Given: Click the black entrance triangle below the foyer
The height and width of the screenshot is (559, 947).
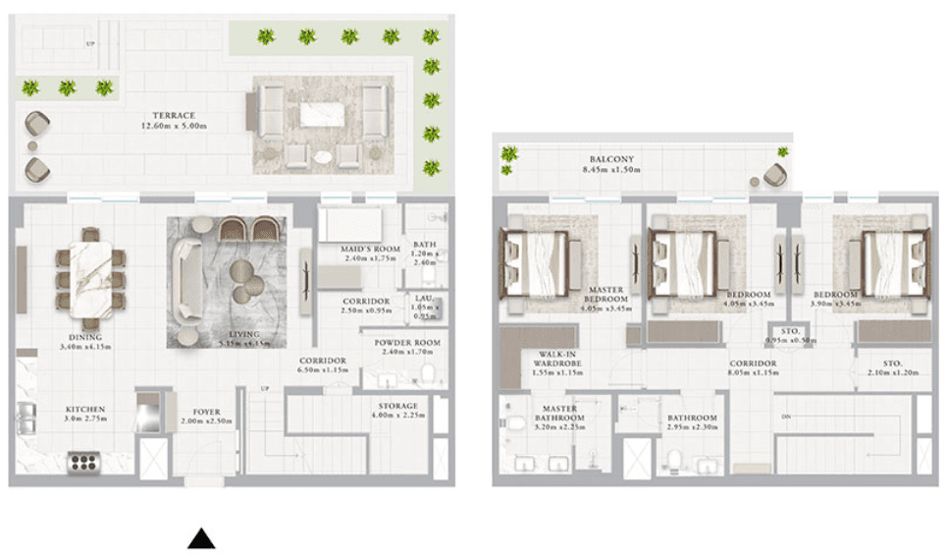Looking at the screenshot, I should (x=201, y=538).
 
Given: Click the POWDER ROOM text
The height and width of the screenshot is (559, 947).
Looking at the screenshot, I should (x=406, y=342).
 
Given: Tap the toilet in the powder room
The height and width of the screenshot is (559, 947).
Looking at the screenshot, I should (x=427, y=374).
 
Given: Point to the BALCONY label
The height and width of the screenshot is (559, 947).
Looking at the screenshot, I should (x=612, y=159).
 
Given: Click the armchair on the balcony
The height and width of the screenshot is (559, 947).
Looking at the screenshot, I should (x=773, y=176).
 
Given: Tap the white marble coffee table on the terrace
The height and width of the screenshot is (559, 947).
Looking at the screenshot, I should (x=321, y=115).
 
